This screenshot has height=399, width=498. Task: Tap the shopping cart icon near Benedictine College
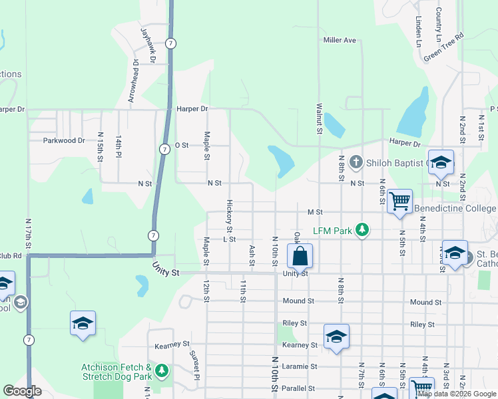tap(400, 201)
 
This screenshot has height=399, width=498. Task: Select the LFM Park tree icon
tap(362, 230)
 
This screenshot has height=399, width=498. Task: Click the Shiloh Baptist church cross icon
tap(356, 162)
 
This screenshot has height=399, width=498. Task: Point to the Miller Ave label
tap(340, 40)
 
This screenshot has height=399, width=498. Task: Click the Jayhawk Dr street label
tap(147, 45)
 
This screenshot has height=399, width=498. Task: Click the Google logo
tap(22, 391)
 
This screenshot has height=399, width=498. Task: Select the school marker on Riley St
tap(336, 336)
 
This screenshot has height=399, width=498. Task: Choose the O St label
tap(182, 144)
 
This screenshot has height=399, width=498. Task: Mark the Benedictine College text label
tap(455, 208)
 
